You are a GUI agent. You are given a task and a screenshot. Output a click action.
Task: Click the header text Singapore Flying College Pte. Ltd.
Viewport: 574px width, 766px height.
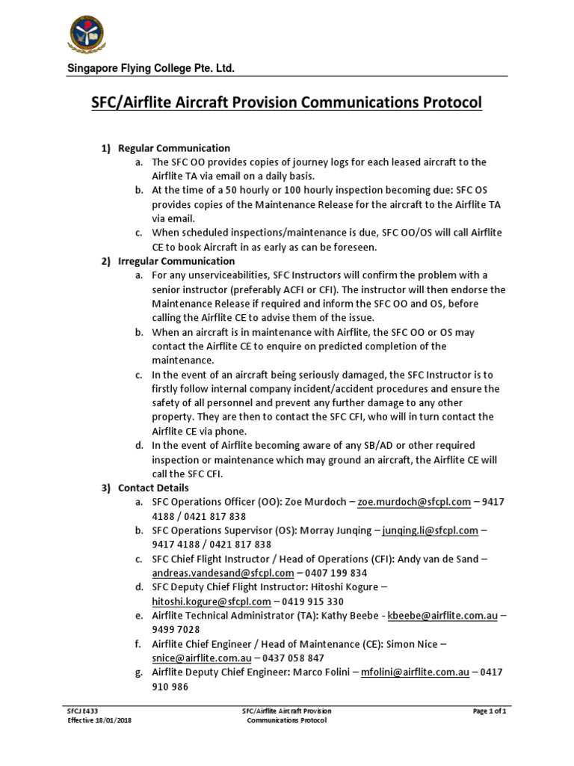[x=152, y=69]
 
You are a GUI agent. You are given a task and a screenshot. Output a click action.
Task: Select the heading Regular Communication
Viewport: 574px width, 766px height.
[x=174, y=148]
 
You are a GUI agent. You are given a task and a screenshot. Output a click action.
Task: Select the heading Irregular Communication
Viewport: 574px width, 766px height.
[x=176, y=261]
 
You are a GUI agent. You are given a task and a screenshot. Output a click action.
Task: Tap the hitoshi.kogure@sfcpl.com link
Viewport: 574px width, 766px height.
[x=211, y=601]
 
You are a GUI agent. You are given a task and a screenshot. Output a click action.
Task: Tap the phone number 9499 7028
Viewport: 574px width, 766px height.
[x=176, y=629]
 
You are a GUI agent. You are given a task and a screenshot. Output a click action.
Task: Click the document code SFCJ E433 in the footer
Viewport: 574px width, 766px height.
[x=81, y=711]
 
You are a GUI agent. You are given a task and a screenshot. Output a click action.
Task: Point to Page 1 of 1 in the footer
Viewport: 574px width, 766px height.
[x=490, y=711]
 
